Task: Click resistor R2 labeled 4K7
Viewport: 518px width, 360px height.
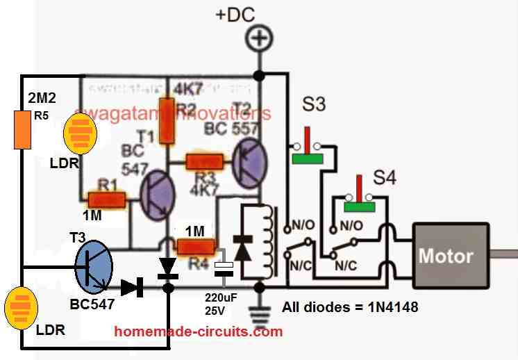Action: click(x=165, y=122)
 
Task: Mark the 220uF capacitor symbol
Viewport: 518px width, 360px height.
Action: click(x=224, y=269)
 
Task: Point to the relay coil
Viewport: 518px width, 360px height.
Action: click(x=267, y=239)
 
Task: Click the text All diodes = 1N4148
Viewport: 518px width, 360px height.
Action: click(x=350, y=306)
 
